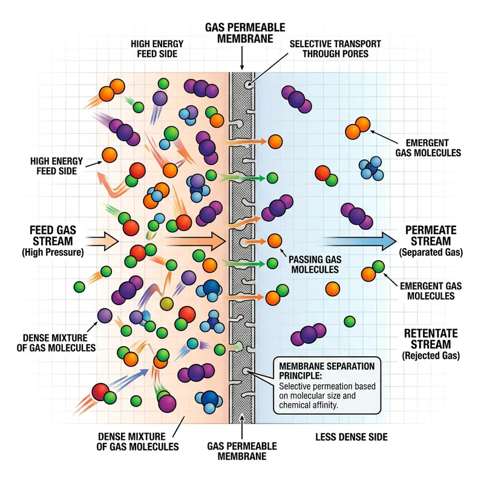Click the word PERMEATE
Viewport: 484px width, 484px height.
(431, 231)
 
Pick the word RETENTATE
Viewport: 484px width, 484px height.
(431, 333)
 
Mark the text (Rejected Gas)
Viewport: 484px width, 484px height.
(431, 356)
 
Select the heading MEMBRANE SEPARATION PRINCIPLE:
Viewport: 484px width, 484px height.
(324, 371)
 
